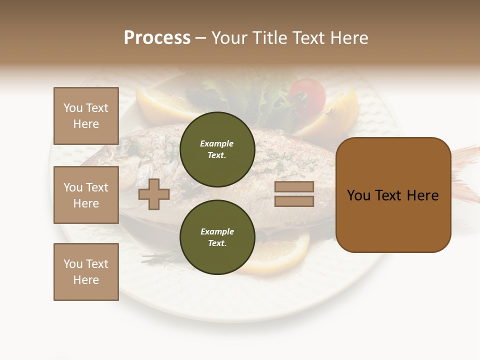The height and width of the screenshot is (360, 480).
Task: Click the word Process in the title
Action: [x=157, y=38]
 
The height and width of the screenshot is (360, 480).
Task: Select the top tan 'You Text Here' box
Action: [x=86, y=116]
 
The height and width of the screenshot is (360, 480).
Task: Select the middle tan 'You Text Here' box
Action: [x=86, y=195]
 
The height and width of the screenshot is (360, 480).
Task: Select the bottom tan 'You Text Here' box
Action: [x=86, y=271]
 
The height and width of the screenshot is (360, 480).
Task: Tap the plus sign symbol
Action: [x=154, y=194]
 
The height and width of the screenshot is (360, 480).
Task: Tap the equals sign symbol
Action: [x=294, y=194]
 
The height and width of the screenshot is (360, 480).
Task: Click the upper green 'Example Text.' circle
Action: [x=217, y=149]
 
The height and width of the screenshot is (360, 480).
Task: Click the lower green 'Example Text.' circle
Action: [x=217, y=237]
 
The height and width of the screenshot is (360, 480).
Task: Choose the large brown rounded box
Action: [x=393, y=195]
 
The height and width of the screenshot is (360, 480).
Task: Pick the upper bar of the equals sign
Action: [x=294, y=187]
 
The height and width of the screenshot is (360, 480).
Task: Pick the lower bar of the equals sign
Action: [x=294, y=201]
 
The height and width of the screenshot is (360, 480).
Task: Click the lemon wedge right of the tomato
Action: [x=335, y=115]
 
